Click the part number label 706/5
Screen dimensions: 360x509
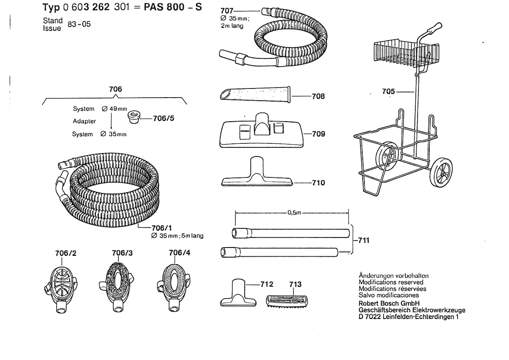163,118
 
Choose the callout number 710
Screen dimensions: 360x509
318,183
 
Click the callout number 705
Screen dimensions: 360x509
389,92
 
